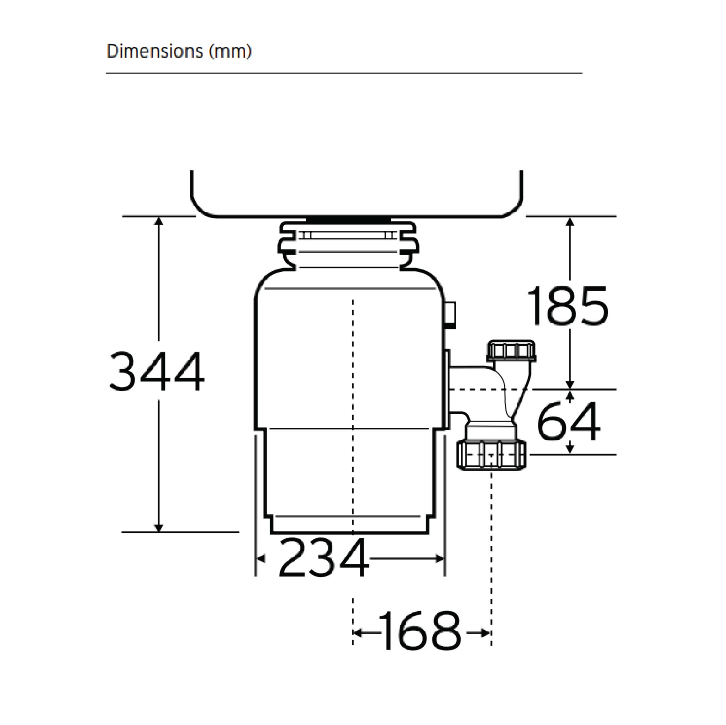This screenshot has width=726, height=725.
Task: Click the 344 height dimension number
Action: tap(157, 372)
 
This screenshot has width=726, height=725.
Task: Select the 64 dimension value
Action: tap(568, 421)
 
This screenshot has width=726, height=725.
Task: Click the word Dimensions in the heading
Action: tap(155, 51)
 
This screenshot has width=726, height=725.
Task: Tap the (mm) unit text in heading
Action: tap(230, 51)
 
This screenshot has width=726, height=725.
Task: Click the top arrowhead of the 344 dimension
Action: tap(159, 221)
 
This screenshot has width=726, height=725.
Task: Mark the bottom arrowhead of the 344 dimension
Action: tap(159, 527)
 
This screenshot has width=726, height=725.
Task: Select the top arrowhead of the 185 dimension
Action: tap(570, 221)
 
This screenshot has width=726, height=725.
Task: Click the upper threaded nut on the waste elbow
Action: tap(511, 351)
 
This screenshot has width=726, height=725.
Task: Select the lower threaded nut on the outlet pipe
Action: tap(492, 455)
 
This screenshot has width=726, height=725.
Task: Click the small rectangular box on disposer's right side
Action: tap(450, 315)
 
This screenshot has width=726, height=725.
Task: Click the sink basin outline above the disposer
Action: tap(356, 210)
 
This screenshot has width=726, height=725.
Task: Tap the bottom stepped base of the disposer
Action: tap(349, 525)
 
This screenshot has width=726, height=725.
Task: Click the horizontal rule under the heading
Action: tap(344, 73)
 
